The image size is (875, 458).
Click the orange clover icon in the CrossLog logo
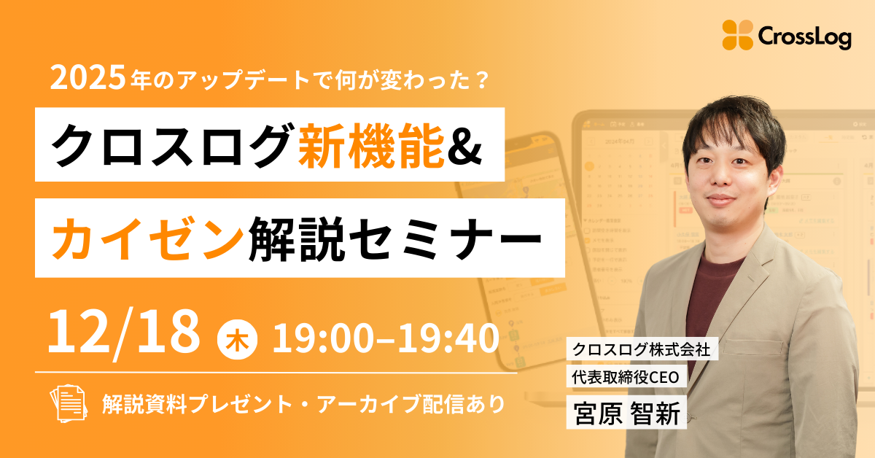[737, 35]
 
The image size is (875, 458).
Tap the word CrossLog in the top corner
[804, 36]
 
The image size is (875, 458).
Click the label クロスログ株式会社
[645, 351]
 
